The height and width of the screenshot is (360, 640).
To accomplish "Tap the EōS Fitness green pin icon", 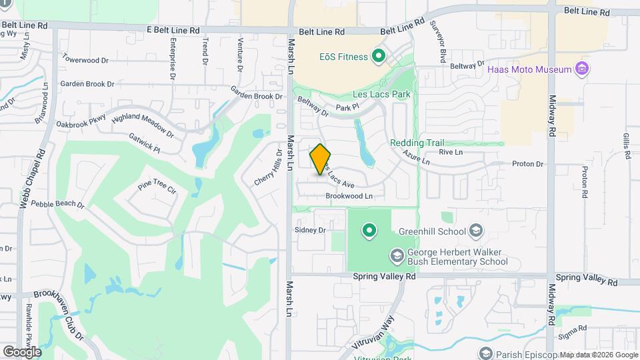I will click(379, 56).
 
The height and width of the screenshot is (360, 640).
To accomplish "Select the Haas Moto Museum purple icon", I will click(582, 69).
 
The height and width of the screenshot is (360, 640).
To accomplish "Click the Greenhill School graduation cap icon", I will click(475, 231).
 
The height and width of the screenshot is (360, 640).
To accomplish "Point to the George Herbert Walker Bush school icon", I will click(397, 256).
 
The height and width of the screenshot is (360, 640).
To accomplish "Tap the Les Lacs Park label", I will click(381, 95).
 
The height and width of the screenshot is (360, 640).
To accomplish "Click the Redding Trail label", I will click(417, 143).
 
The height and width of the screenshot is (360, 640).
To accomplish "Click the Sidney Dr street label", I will click(309, 230).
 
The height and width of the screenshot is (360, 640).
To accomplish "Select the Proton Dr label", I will click(528, 164).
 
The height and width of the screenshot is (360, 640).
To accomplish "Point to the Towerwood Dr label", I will click(85, 60).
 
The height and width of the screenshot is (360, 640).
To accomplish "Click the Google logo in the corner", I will click(22, 351).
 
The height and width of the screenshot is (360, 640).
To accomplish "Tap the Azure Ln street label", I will click(416, 157).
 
